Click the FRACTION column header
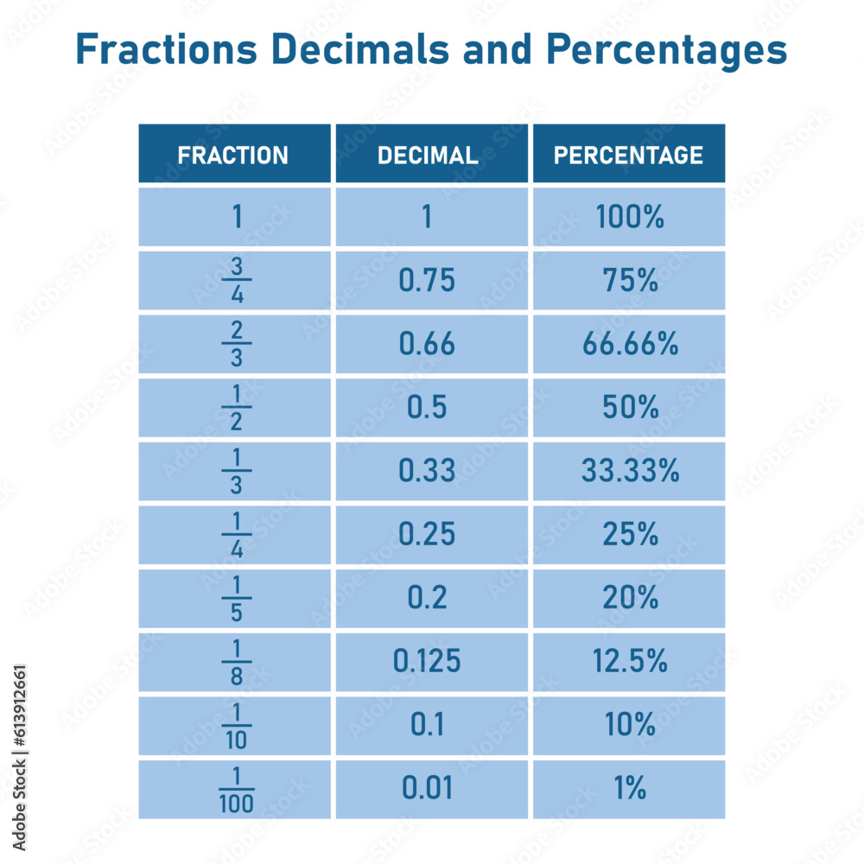(233, 155)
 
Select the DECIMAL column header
(428, 155)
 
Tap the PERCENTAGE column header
(628, 155)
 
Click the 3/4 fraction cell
(236, 281)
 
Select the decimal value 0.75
(427, 281)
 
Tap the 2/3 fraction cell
(236, 345)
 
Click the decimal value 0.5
(427, 408)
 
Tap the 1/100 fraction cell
(236, 790)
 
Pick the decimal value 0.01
(427, 790)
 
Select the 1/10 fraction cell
(236, 726)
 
